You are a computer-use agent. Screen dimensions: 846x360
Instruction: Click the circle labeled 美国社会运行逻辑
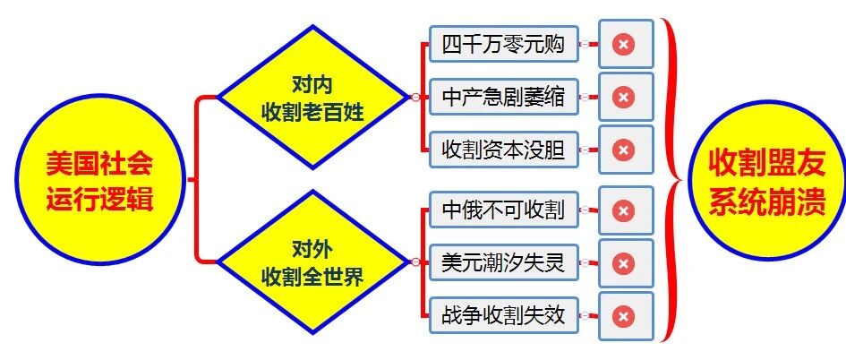click(98, 180)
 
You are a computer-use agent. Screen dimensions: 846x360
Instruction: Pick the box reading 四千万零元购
click(503, 44)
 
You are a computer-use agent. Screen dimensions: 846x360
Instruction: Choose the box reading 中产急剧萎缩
click(503, 97)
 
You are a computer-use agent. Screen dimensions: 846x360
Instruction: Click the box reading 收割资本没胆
click(503, 150)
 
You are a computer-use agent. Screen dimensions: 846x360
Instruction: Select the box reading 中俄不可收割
click(503, 210)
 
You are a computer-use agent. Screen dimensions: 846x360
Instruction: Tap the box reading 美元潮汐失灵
click(503, 263)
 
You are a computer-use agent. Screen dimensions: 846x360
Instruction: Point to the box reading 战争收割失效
click(503, 315)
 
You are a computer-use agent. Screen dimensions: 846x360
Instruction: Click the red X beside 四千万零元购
click(625, 45)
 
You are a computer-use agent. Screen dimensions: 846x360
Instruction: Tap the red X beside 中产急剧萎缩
click(625, 97)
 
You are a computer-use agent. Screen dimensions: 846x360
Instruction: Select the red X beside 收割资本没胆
click(625, 150)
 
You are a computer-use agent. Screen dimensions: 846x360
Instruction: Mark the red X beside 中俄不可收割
click(625, 211)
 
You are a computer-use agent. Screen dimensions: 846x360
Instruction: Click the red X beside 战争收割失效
click(625, 316)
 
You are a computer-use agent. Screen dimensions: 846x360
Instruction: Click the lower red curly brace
click(671, 263)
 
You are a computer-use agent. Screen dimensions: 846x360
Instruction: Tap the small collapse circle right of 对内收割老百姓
click(414, 97)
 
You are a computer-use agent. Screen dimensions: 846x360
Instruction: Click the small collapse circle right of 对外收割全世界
click(414, 262)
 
